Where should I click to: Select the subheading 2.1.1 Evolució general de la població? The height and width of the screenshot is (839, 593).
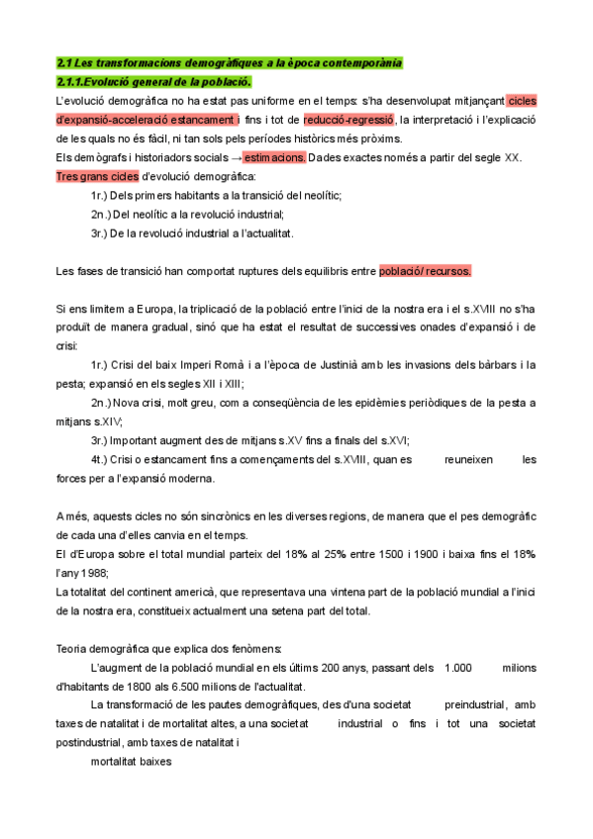153,81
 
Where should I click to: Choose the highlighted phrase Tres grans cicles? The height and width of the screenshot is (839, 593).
97,177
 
